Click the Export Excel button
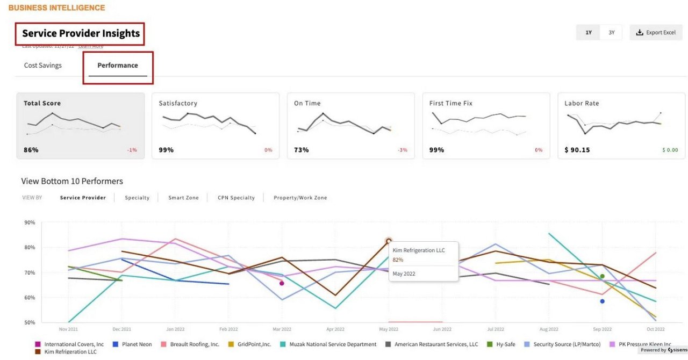[656, 33]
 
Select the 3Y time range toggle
[611, 33]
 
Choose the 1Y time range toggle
[589, 33]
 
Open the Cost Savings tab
[43, 66]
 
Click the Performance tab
[118, 66]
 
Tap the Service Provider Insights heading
[81, 34]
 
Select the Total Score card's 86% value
[31, 150]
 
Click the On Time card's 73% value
[302, 150]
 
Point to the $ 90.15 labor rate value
[577, 150]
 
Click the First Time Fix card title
[450, 103]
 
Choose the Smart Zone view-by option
[183, 198]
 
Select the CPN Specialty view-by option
[236, 198]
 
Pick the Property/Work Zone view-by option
[300, 198]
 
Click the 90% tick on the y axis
[30, 222]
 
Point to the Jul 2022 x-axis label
[496, 329]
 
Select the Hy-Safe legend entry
[503, 344]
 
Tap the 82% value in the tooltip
[398, 260]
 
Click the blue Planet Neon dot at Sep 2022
[602, 301]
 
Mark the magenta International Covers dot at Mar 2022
[282, 283]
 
